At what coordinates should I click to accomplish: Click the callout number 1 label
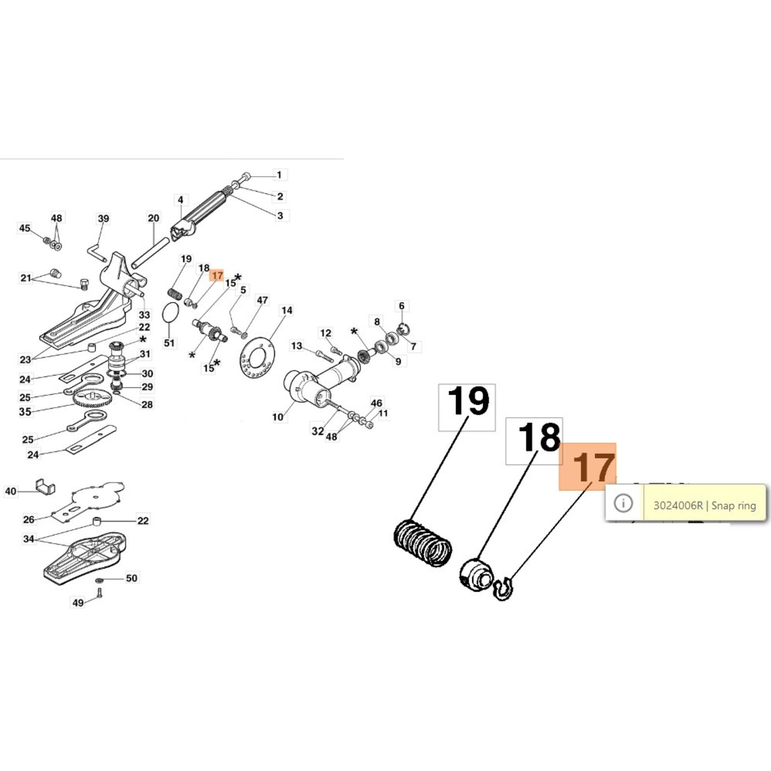tap(279, 174)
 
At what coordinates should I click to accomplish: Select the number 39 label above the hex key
tap(103, 218)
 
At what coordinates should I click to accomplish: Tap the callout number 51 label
tap(169, 343)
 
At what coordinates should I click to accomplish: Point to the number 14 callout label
tap(287, 310)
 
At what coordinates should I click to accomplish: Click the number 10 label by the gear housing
tap(278, 417)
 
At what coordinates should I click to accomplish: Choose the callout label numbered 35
tap(25, 412)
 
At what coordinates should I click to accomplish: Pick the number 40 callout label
tap(11, 491)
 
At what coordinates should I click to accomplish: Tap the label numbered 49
tap(78, 602)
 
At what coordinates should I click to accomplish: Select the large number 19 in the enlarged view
tap(467, 401)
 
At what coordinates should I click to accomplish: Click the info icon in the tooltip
tap(623, 504)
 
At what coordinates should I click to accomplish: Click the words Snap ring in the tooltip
tap(733, 505)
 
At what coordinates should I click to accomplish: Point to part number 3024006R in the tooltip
tap(678, 505)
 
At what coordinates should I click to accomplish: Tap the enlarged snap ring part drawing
tap(503, 589)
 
